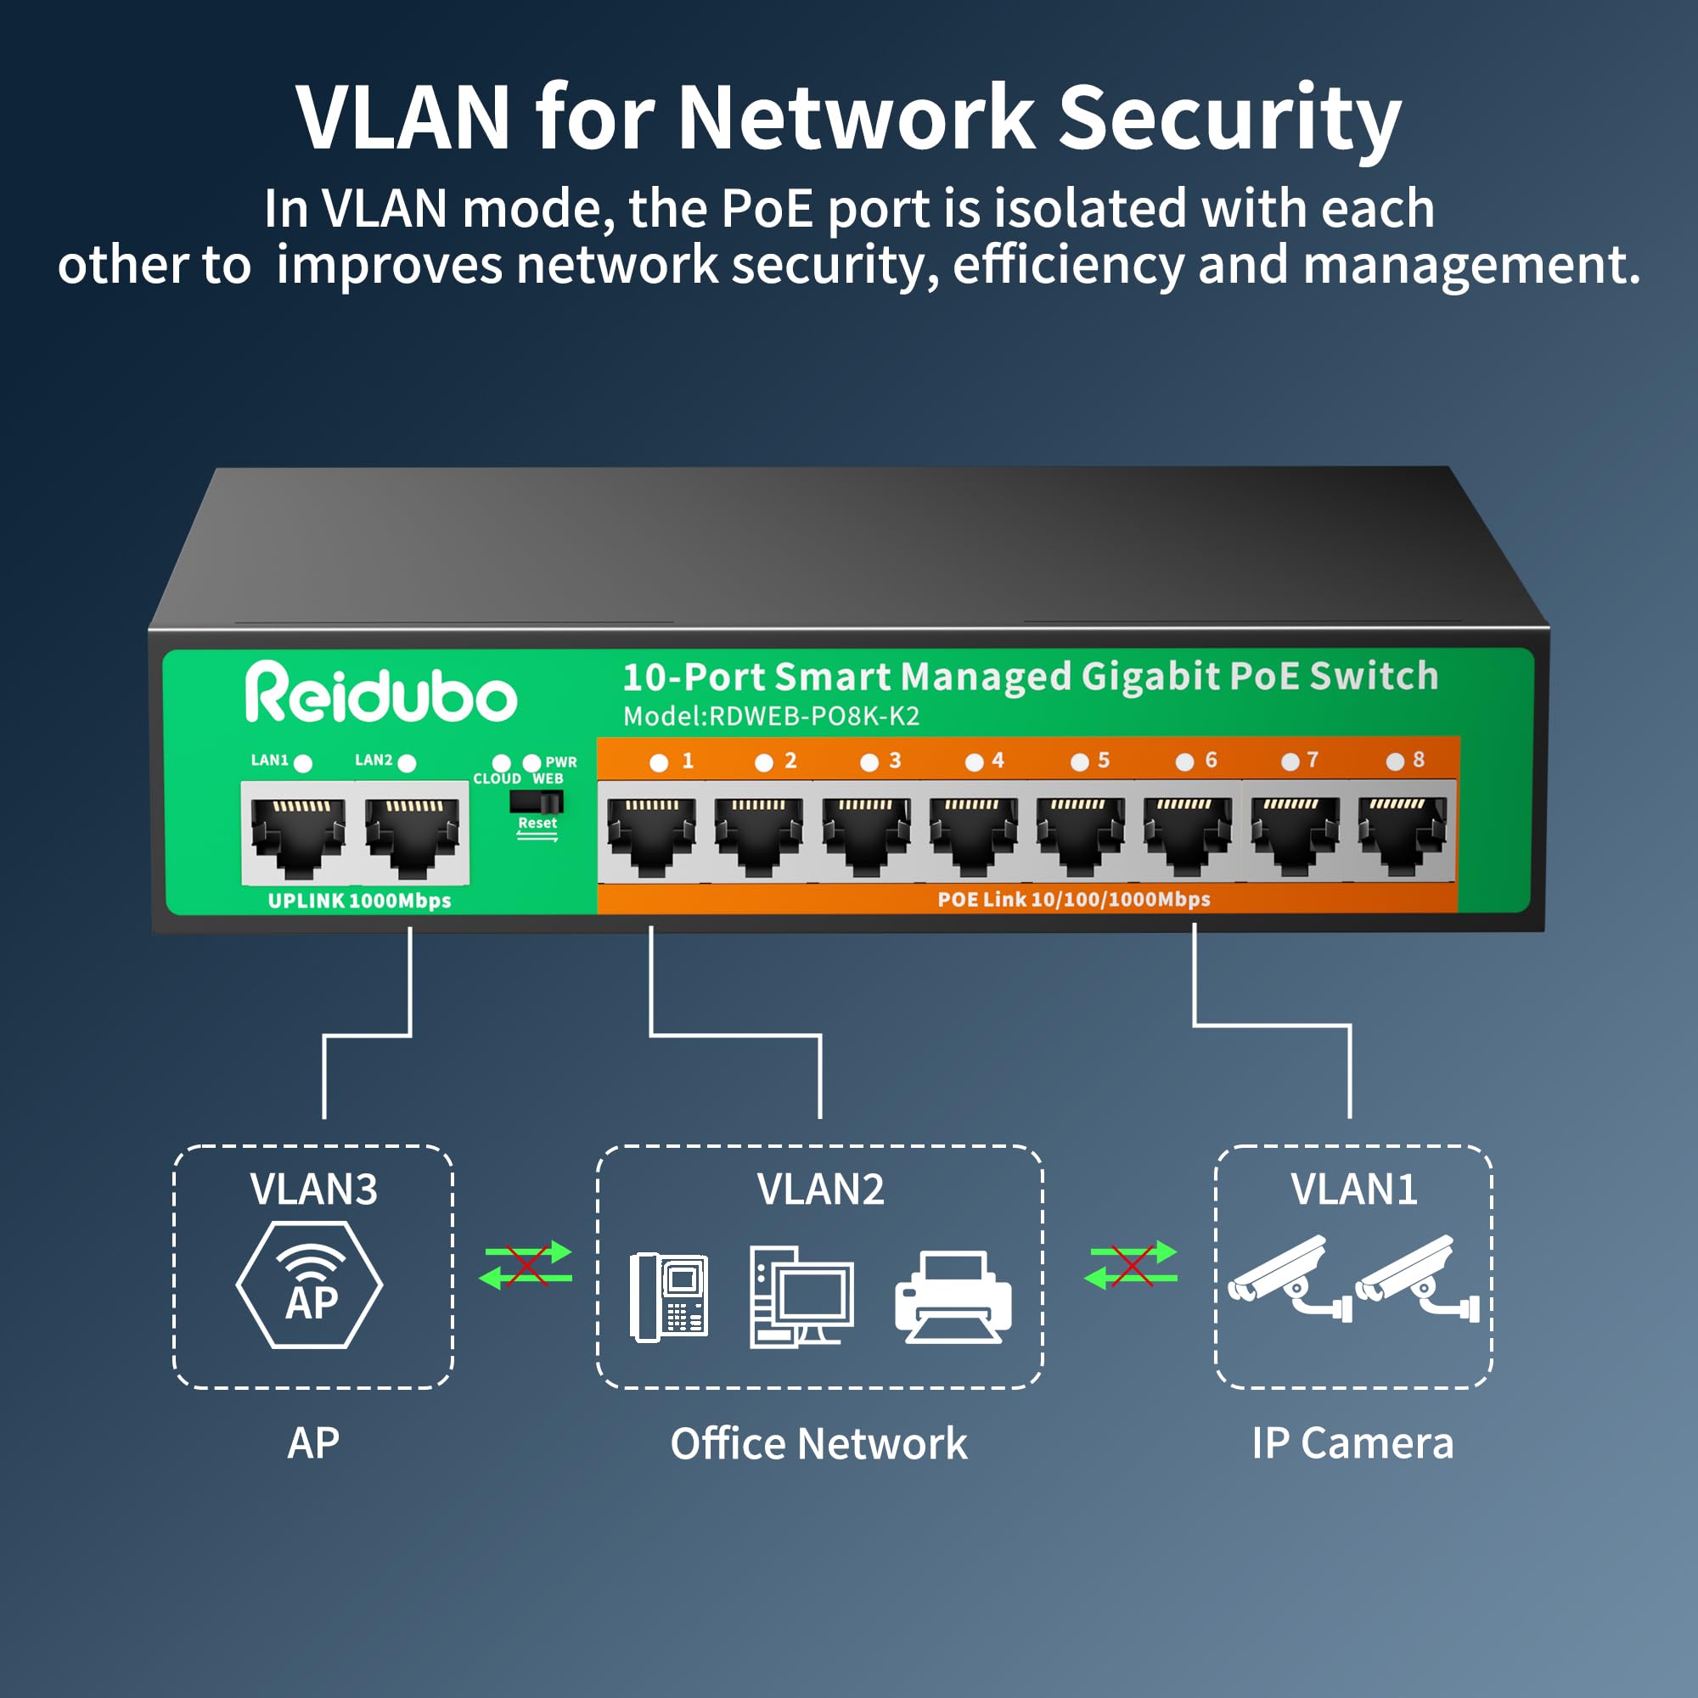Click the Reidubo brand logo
coord(380,693)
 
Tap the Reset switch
coord(536,801)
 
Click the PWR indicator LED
coord(531,762)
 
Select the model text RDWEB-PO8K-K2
coord(814,717)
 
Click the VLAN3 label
coord(314,1189)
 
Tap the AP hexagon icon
coord(309,1284)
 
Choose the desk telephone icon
coord(669,1296)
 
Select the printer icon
coord(953,1296)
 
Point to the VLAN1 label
coord(1353,1189)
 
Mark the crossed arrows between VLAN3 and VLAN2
coord(526,1266)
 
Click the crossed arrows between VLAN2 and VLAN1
coord(1131,1266)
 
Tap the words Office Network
coord(818,1444)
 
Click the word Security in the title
coord(1229,119)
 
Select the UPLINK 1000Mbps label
coord(359,901)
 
